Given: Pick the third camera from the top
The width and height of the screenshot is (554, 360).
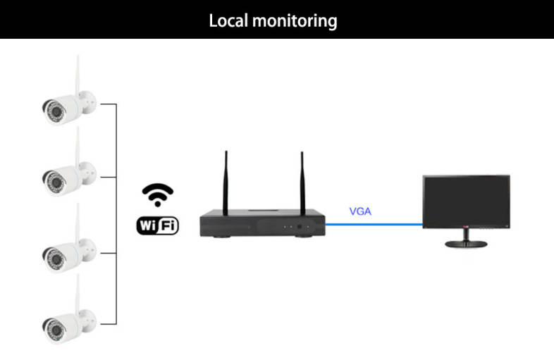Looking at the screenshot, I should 66,251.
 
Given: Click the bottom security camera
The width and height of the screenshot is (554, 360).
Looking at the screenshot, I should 66,322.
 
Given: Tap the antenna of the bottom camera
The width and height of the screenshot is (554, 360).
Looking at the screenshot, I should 78,292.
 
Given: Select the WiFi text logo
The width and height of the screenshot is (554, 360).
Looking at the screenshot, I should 157,225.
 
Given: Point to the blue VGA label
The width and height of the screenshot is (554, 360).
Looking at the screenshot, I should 360,211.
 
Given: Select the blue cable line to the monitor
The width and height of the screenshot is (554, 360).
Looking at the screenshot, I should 374,225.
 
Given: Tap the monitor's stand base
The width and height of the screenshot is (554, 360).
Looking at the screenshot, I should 466,244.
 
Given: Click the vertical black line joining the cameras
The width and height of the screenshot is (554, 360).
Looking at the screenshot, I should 115,211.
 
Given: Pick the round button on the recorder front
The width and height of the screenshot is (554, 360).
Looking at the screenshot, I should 299,228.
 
